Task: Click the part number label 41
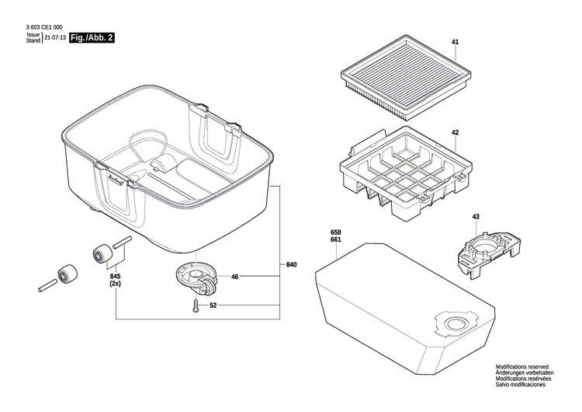(x=455, y=41)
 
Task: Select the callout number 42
(x=455, y=133)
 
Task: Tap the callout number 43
(x=476, y=216)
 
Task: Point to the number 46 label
(x=234, y=276)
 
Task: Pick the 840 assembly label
(x=292, y=266)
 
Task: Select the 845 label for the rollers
(x=116, y=277)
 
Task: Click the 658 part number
(x=335, y=232)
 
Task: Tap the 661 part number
(x=335, y=240)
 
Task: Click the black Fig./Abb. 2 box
(x=92, y=37)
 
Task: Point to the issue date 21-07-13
(x=55, y=37)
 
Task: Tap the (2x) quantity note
(x=116, y=285)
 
